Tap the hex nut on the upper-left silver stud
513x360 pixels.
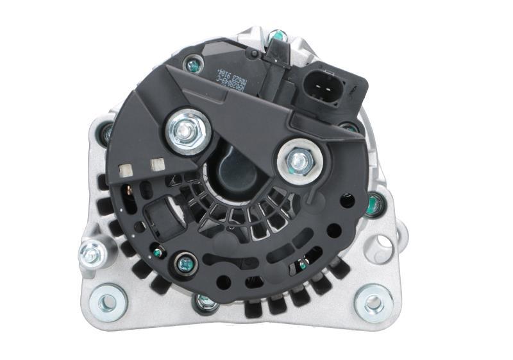click(186, 130)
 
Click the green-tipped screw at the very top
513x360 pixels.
click(278, 35)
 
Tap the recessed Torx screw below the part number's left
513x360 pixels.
click(192, 64)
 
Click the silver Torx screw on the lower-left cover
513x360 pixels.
click(184, 262)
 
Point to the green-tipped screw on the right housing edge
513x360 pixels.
click(375, 205)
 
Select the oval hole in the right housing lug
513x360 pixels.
click(383, 243)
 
